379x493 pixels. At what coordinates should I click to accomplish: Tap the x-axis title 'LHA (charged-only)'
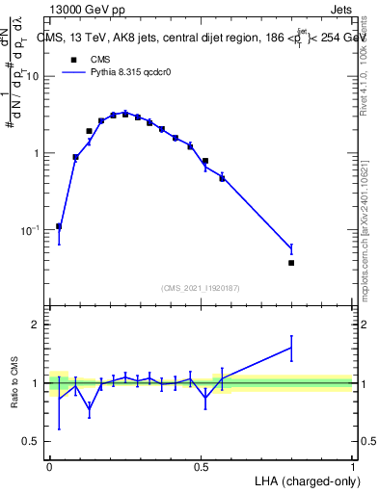300,480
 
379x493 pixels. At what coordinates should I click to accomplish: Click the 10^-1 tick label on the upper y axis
32,230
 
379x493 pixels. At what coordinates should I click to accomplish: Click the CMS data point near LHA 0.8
291,262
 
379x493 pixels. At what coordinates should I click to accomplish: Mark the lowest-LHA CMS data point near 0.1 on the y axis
59,226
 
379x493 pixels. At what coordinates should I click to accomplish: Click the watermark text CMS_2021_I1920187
201,288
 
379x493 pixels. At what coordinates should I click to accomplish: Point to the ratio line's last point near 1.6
291,348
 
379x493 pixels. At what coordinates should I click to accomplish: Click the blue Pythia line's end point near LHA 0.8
291,249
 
